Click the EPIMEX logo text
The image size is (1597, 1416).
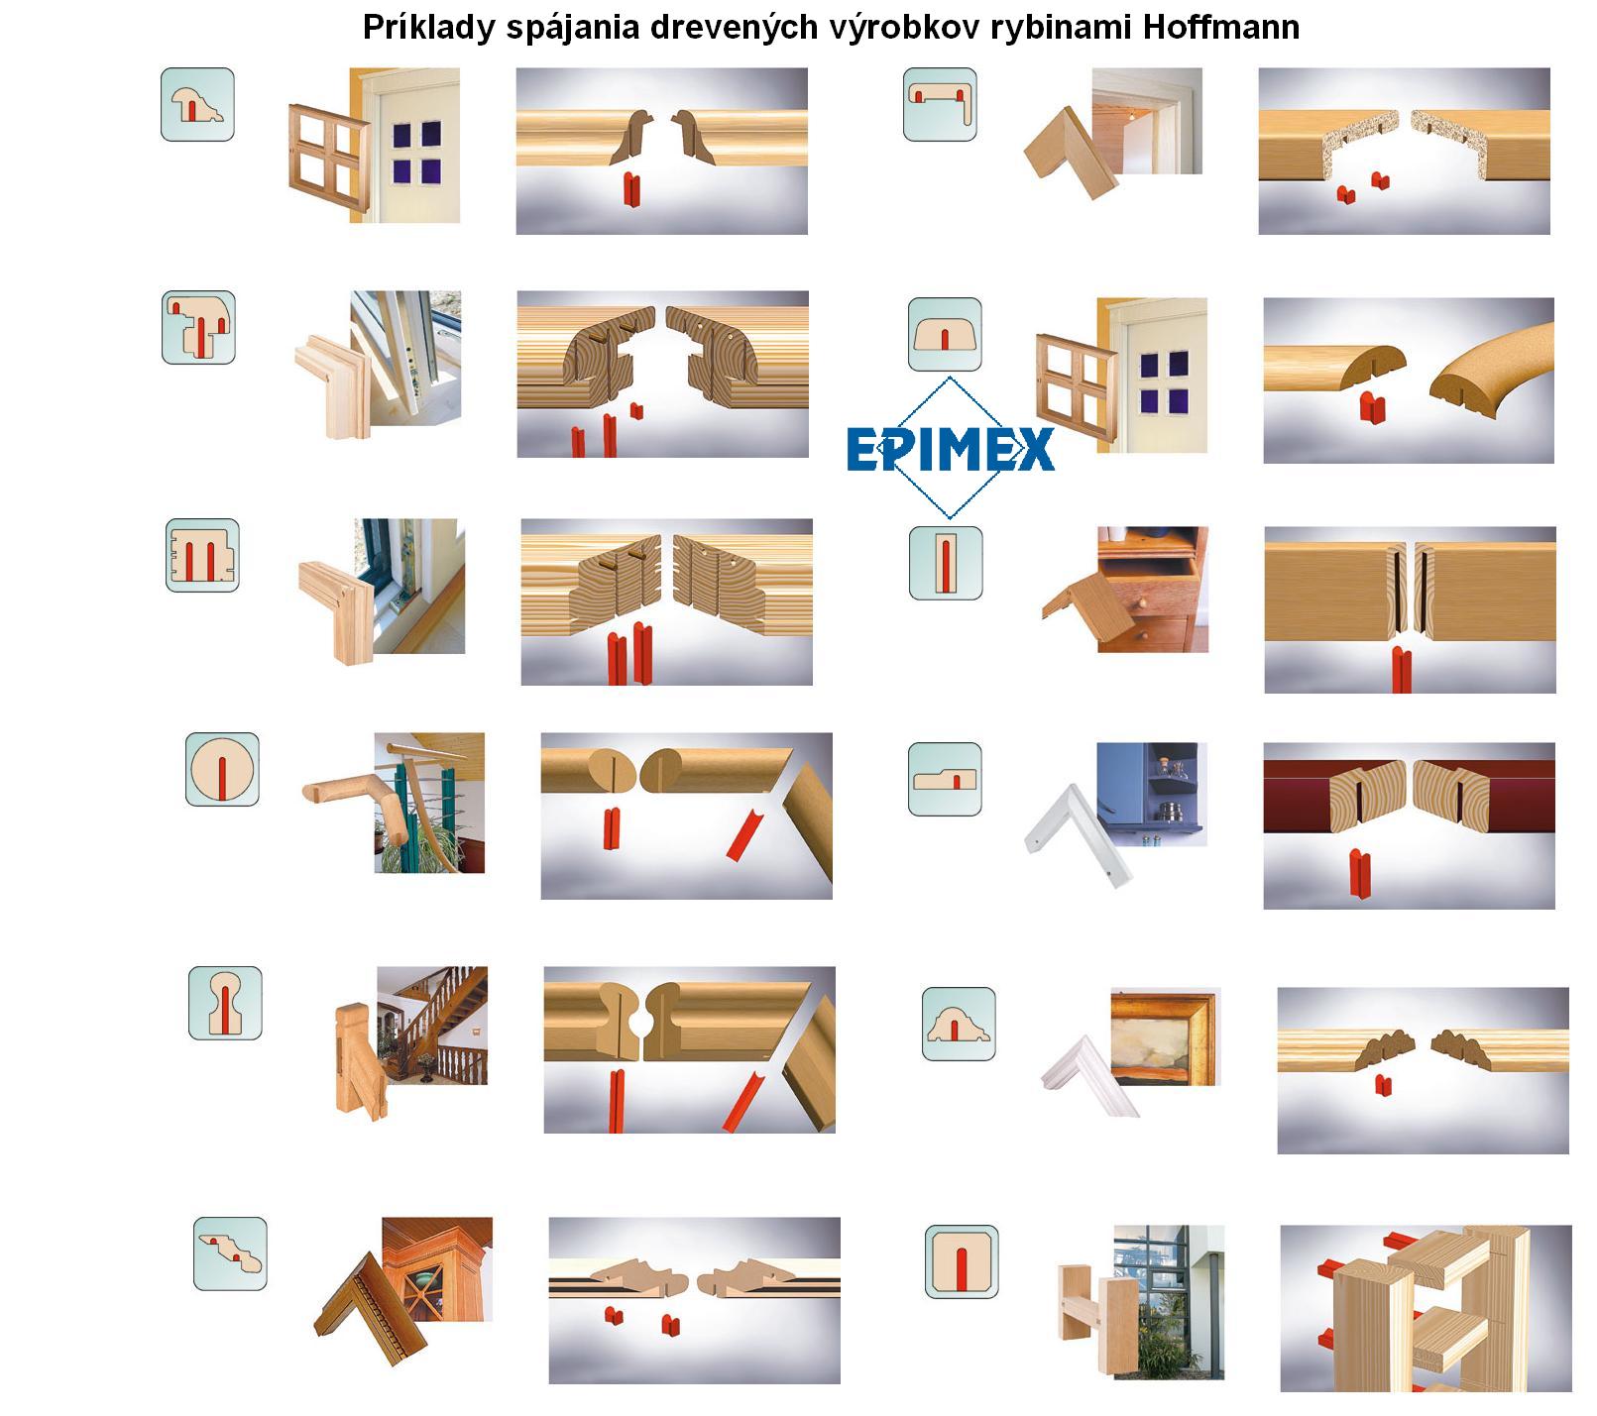pos(950,449)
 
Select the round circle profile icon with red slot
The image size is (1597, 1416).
pos(222,769)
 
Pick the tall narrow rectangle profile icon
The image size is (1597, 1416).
pos(946,563)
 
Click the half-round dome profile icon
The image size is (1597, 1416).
pos(945,335)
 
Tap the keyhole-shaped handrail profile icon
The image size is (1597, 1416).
pos(225,1003)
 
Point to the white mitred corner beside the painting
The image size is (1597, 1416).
pos(1082,1078)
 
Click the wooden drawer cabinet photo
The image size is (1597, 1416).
pos(1153,589)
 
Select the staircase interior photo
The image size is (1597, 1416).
pos(432,1026)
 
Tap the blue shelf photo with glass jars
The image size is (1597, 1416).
pos(1152,795)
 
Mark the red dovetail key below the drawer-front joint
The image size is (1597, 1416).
pos(1401,670)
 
